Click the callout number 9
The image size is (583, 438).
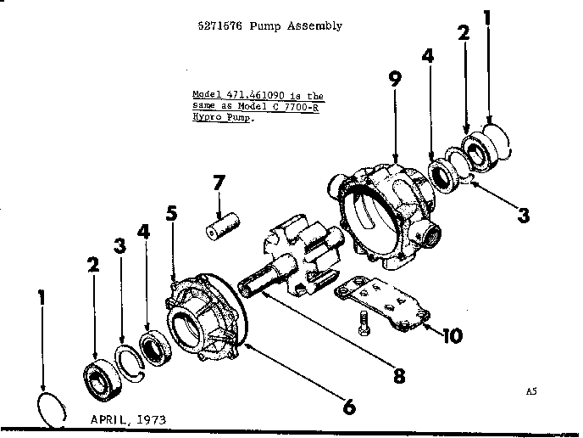coord(394,81)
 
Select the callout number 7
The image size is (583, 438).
coord(219,182)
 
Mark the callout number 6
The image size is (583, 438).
coord(347,406)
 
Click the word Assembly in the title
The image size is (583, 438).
coord(315,26)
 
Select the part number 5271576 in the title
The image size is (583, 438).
coord(217,26)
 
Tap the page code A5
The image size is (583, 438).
coord(531,392)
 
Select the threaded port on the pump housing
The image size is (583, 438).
coord(427,234)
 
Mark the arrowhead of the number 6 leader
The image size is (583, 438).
coord(247,345)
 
